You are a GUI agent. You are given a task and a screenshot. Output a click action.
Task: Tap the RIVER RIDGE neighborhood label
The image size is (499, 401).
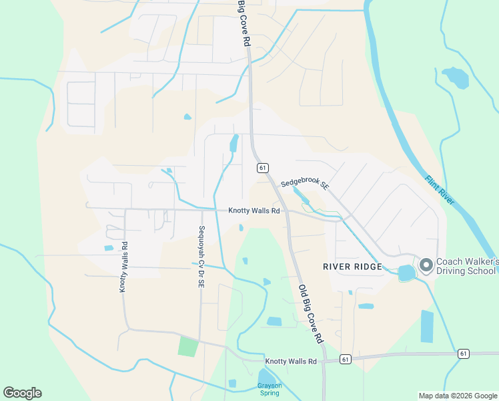[x=352, y=267]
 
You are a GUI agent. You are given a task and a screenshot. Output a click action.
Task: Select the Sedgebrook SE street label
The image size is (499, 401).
[x=305, y=183]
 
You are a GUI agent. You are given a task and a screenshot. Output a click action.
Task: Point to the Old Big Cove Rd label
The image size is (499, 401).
[x=310, y=313]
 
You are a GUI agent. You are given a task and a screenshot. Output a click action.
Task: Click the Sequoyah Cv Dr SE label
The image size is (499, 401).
[x=201, y=257]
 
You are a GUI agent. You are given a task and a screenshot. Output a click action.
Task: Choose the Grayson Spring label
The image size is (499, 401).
[x=270, y=389]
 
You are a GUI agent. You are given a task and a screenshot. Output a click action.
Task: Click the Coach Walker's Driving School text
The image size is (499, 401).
[x=466, y=266]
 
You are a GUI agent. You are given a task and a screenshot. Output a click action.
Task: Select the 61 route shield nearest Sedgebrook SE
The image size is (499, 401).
[x=263, y=167]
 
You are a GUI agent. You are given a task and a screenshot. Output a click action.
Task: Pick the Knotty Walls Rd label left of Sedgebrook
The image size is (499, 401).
[x=254, y=210]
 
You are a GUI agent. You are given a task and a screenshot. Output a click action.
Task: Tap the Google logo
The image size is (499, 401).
[x=22, y=393]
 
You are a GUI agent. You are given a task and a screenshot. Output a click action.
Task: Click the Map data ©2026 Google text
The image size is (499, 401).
[x=457, y=396]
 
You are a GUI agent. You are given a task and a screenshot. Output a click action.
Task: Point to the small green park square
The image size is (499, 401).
[x=188, y=347]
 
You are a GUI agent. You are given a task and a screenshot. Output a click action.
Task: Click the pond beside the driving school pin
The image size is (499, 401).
[x=406, y=273]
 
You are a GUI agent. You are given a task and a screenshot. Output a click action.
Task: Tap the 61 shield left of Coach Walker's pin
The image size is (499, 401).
[x=345, y=359]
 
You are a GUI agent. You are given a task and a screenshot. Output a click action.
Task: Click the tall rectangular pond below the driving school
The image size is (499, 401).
[x=427, y=326]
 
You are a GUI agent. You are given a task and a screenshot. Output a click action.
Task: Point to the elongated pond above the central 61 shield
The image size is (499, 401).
[x=234, y=142]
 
